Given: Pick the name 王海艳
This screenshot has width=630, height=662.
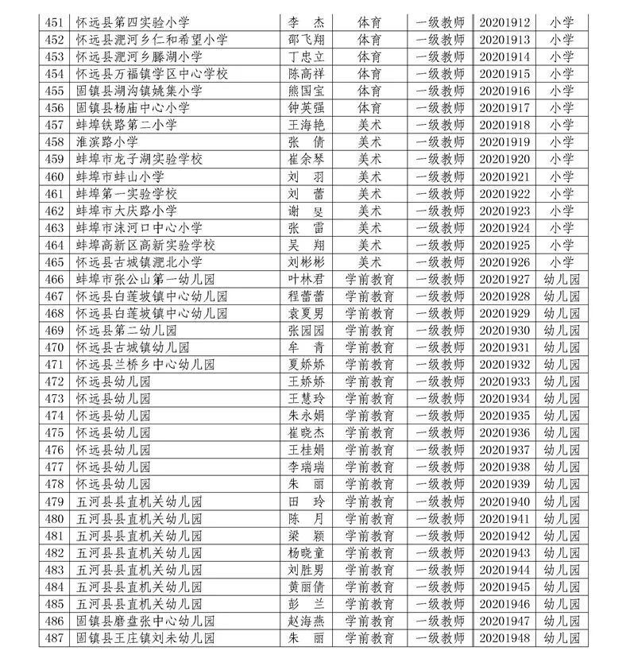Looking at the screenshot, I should pyautogui.click(x=305, y=125).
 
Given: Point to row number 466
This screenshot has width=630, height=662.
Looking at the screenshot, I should pyautogui.click(x=54, y=279).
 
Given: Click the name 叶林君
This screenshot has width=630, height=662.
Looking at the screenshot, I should pyautogui.click(x=305, y=279).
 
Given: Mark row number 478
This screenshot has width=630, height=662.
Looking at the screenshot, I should pyautogui.click(x=54, y=484).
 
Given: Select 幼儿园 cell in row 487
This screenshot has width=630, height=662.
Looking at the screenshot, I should pyautogui.click(x=562, y=638).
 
